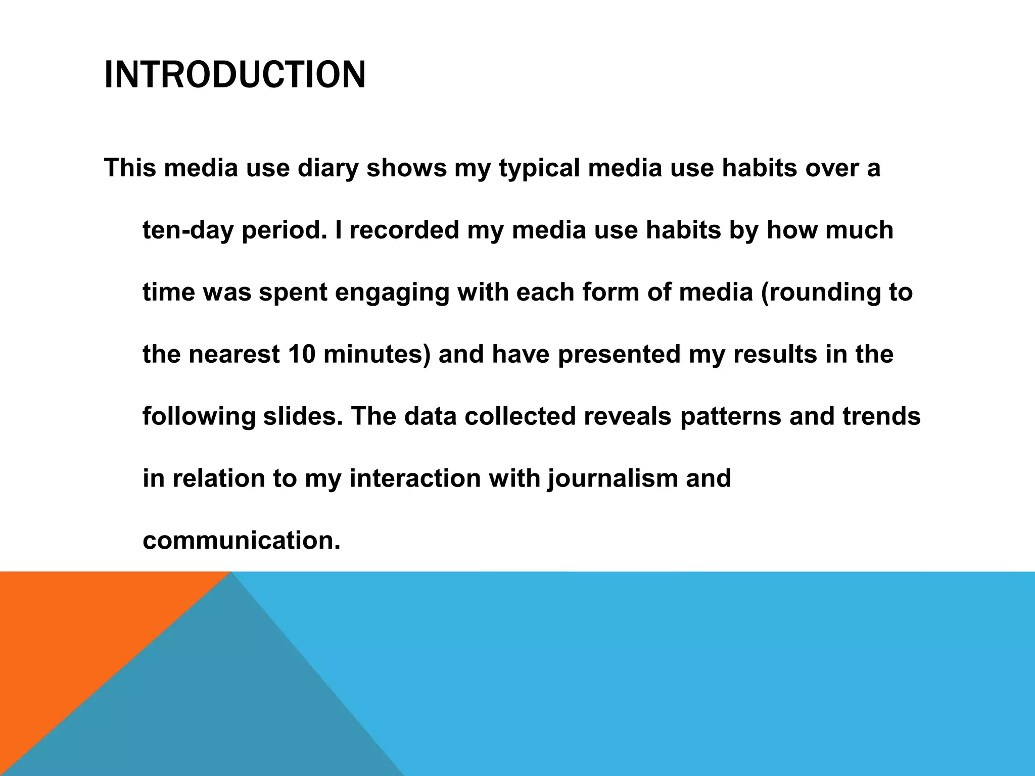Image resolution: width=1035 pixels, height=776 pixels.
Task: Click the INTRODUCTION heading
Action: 234,75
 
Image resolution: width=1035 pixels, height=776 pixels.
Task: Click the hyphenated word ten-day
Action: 188,230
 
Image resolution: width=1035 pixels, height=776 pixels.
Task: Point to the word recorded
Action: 404,230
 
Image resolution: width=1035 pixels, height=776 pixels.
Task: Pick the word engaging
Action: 392,293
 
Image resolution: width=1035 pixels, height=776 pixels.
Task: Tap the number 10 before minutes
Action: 302,355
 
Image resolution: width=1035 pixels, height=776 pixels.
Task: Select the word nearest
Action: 234,355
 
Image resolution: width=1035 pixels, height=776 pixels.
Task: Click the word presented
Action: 619,355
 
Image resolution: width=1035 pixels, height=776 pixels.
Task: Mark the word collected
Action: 520,417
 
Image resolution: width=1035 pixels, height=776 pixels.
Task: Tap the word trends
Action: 881,417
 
